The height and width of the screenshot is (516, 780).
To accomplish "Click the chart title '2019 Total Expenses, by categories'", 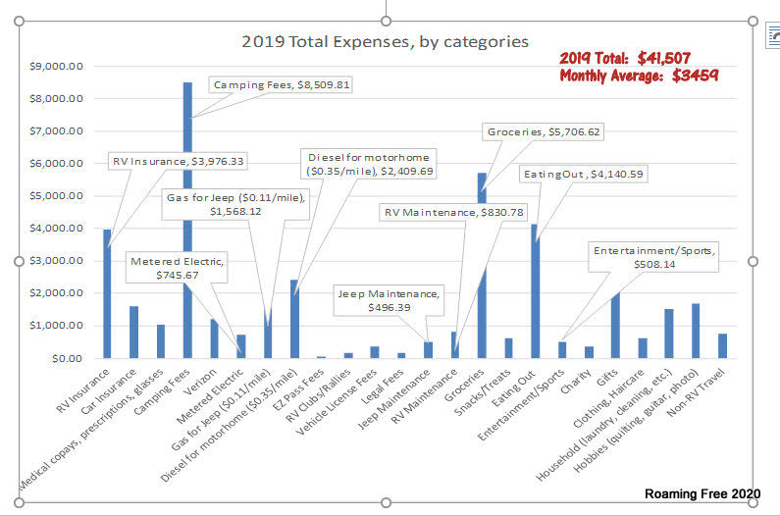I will click(385, 42).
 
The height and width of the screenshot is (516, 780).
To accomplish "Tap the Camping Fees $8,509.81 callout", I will click(282, 85).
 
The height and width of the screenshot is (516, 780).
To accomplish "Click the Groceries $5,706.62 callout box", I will click(543, 131).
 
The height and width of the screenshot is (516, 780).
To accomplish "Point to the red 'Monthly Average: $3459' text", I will click(639, 76).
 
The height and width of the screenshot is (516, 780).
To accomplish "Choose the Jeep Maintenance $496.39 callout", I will click(389, 300).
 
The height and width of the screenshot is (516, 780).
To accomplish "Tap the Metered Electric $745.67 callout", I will click(177, 269).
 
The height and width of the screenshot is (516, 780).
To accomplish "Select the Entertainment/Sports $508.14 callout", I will click(654, 257).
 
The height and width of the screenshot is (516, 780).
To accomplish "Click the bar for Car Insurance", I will click(133, 333).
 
